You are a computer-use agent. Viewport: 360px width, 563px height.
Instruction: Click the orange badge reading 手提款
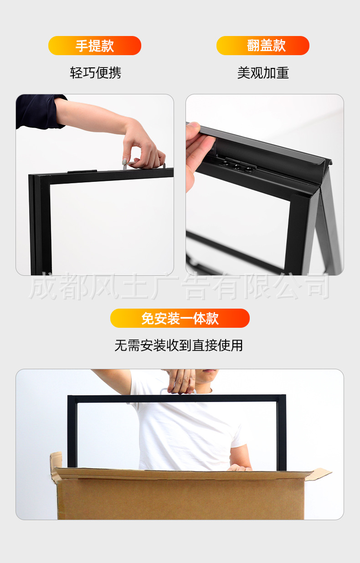[x=95, y=46]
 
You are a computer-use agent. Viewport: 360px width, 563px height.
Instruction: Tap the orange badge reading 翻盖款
[x=263, y=46]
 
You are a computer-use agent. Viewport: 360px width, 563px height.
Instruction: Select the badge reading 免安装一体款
[x=180, y=318]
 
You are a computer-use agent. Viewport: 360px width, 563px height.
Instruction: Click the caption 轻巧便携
[x=95, y=72]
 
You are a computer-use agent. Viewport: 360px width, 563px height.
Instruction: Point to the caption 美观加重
[x=263, y=72]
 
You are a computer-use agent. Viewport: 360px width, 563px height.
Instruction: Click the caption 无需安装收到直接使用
[x=179, y=346]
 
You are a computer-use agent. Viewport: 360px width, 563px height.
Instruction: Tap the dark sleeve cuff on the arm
[x=39, y=111]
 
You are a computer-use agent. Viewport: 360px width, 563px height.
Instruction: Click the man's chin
[x=207, y=379]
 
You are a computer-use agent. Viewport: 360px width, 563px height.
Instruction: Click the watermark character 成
[x=43, y=287]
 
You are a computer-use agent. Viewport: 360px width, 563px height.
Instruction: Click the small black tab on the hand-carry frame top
[x=82, y=172]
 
